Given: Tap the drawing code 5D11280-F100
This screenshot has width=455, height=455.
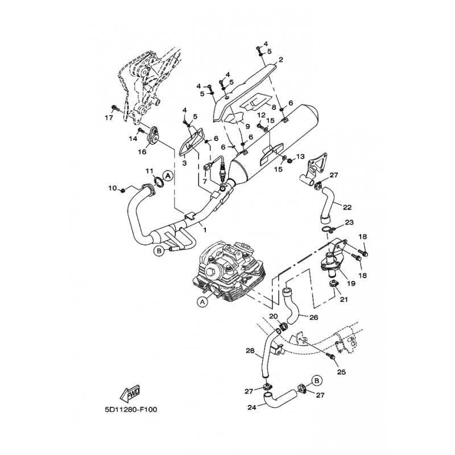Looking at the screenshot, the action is point(131,409).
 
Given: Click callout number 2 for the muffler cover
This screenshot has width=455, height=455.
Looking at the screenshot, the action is point(280,60).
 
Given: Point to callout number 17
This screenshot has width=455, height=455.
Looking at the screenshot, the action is point(109,118).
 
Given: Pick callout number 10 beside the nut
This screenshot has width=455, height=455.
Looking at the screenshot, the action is point(112,188).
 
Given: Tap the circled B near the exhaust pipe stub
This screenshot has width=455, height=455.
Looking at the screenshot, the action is point(159,251).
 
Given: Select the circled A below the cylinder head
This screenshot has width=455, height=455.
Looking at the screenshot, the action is point(202,302).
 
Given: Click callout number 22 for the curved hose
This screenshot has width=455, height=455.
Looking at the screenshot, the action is point(347,207).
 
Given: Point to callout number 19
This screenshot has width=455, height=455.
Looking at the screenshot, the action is point(351,283).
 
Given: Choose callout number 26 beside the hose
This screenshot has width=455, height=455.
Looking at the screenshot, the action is point(314,317).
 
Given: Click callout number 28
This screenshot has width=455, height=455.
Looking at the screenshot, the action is point(250,351).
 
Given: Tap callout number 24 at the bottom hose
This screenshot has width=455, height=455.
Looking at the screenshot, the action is point(252,407).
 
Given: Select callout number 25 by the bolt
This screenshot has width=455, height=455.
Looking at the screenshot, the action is point(342,372).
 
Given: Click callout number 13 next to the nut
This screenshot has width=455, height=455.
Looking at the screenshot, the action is point(300,157).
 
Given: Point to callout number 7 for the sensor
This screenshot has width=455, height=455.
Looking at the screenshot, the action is point(205,181).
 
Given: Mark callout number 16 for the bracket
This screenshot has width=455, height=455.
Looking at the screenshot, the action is point(142,151).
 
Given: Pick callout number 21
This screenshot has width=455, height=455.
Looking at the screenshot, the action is point(344,299).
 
